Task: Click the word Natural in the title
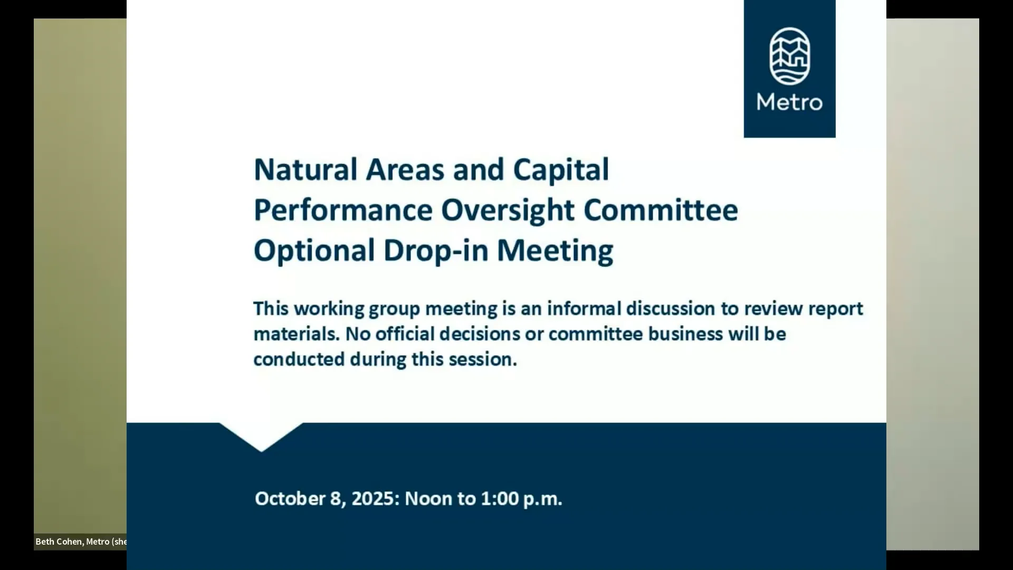306,169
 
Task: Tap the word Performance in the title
343,210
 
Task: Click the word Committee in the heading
661,210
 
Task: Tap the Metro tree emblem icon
790,56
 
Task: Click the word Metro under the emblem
790,102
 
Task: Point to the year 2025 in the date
373,499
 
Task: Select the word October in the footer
290,499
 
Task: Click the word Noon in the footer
428,499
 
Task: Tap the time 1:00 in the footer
500,499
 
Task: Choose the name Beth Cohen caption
59,541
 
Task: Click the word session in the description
483,359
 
